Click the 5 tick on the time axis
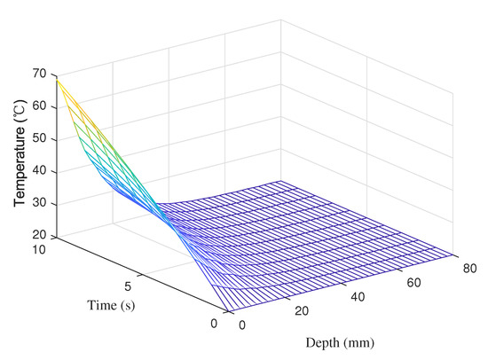[130, 286]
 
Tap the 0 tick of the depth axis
[244, 325]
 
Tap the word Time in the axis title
[101, 306]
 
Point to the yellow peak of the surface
[58, 81]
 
